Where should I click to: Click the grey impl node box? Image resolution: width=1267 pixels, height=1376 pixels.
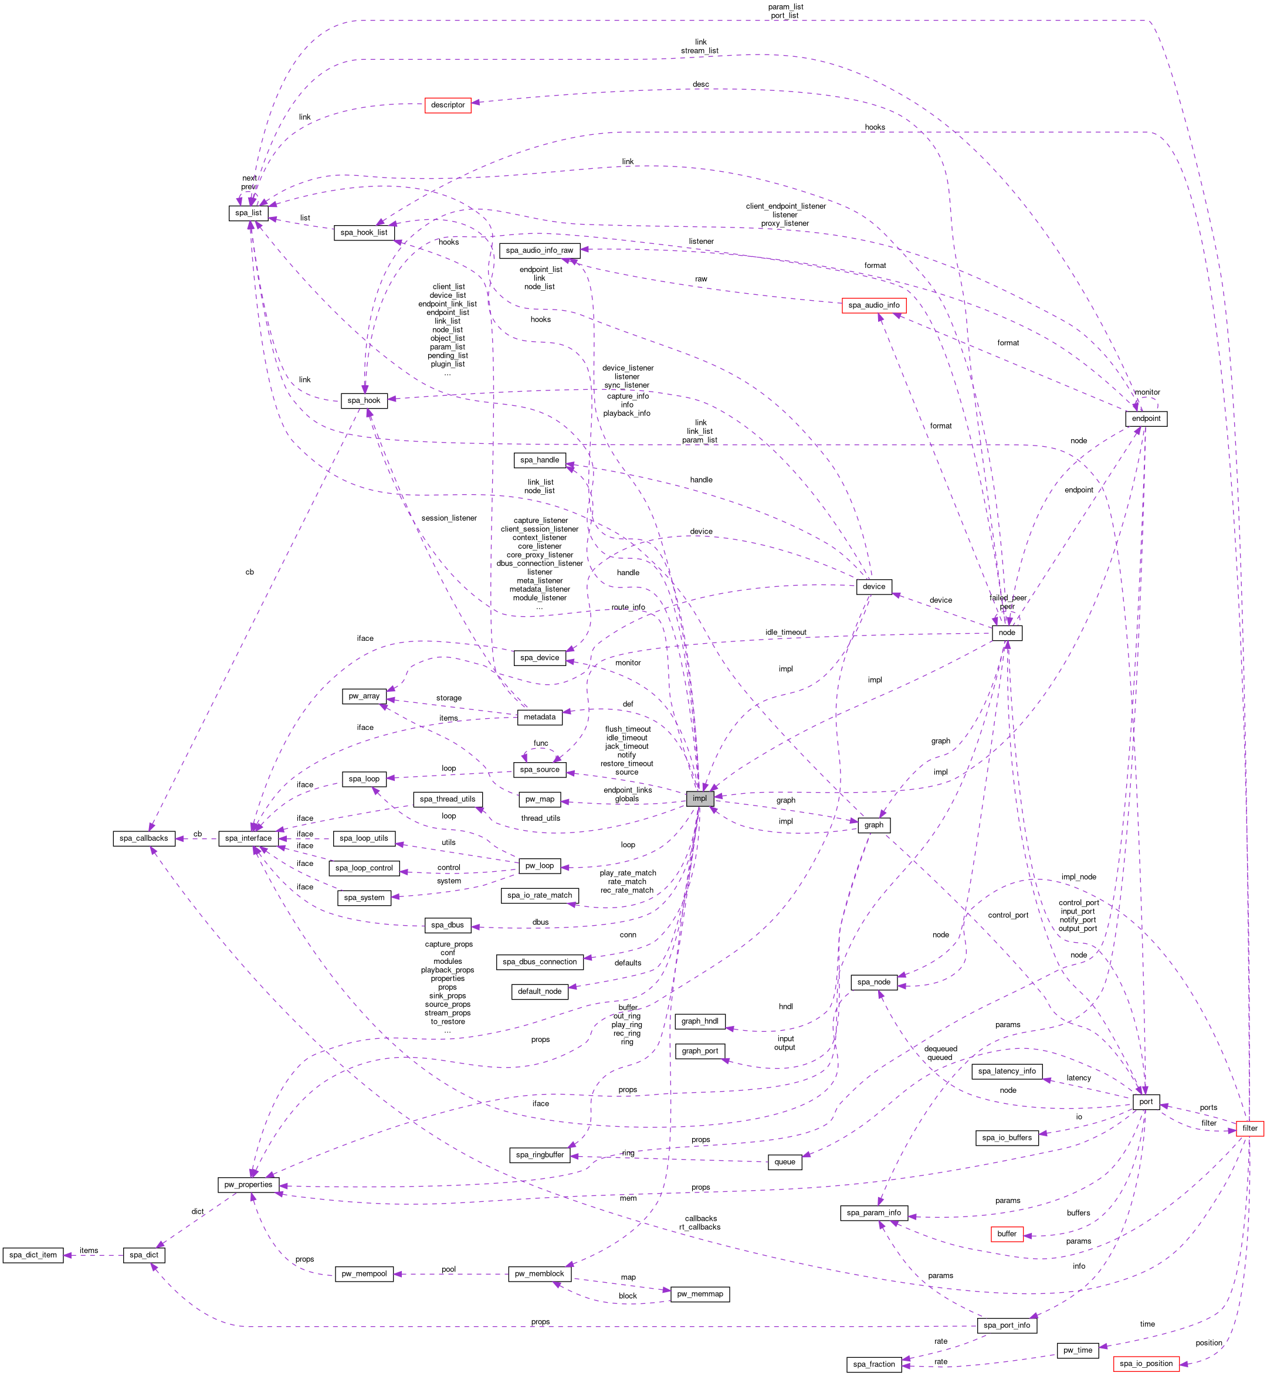tap(699, 799)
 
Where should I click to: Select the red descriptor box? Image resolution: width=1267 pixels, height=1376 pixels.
tap(448, 105)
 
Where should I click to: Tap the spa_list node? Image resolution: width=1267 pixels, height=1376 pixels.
tap(248, 213)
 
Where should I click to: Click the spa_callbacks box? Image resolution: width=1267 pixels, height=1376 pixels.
tap(143, 838)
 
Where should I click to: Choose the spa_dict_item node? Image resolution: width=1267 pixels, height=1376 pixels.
tap(33, 1255)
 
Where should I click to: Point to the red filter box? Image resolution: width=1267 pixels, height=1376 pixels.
tap(1250, 1129)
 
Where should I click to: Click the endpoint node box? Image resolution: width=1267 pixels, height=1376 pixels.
tap(1146, 419)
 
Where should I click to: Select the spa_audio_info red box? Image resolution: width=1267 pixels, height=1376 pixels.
tap(873, 305)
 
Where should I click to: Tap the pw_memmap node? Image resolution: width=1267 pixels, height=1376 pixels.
tap(699, 1295)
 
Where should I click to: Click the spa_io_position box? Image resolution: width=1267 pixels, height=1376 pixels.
tap(1146, 1364)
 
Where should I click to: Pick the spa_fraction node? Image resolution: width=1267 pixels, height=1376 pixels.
tap(873, 1364)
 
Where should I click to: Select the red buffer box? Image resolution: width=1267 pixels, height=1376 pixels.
tap(1007, 1234)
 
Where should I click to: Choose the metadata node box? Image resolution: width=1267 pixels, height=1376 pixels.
tap(540, 717)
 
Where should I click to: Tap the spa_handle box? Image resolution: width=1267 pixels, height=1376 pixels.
tap(540, 460)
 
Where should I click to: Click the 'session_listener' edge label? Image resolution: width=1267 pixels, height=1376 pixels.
tap(449, 518)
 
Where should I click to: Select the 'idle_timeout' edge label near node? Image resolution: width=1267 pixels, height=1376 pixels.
tap(785, 633)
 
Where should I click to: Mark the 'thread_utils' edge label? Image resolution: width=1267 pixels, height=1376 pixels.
tap(540, 818)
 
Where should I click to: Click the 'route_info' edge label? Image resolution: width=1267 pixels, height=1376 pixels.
tap(628, 607)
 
